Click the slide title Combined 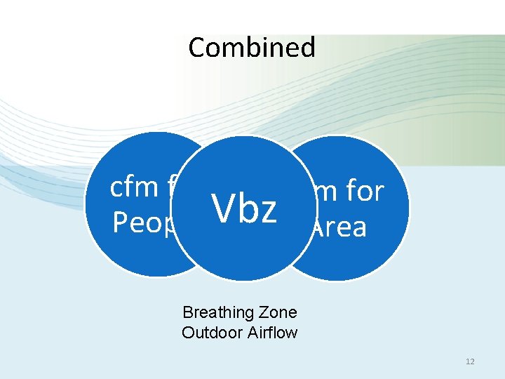[252, 48]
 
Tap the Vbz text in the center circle [246, 208]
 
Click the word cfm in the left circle [134, 187]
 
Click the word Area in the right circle [339, 227]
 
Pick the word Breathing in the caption [213, 313]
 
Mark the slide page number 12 [470, 361]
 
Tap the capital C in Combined [196, 48]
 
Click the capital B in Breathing [187, 312]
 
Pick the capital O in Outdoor [187, 332]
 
